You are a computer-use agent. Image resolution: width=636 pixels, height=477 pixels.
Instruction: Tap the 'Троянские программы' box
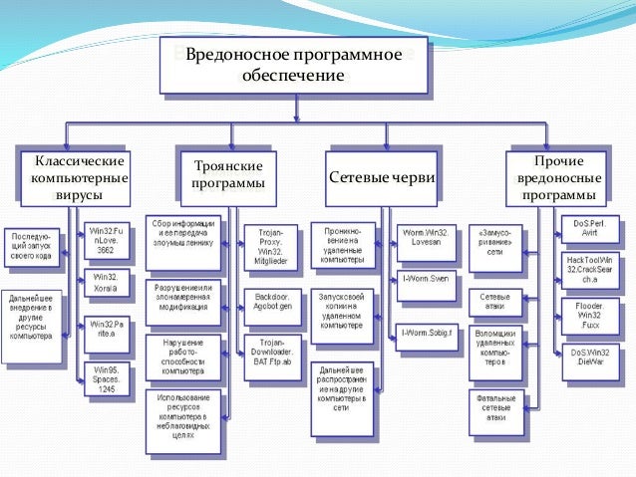point(228,176)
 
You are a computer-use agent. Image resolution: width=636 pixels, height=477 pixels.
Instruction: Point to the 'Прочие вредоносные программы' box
point(558,176)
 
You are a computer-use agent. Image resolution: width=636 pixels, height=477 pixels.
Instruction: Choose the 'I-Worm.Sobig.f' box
point(427,331)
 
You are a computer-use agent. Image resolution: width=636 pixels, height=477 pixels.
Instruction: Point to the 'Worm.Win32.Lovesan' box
point(427,238)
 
